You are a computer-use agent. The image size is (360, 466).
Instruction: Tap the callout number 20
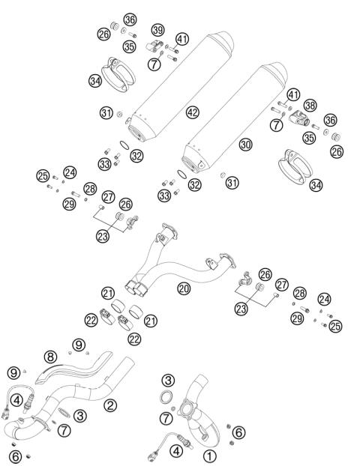coord(183,287)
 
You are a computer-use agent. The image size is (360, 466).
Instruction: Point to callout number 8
coord(51,357)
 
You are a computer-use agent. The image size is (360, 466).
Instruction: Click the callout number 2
coord(110,405)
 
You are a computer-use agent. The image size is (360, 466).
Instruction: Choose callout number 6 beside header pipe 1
coord(238,432)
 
